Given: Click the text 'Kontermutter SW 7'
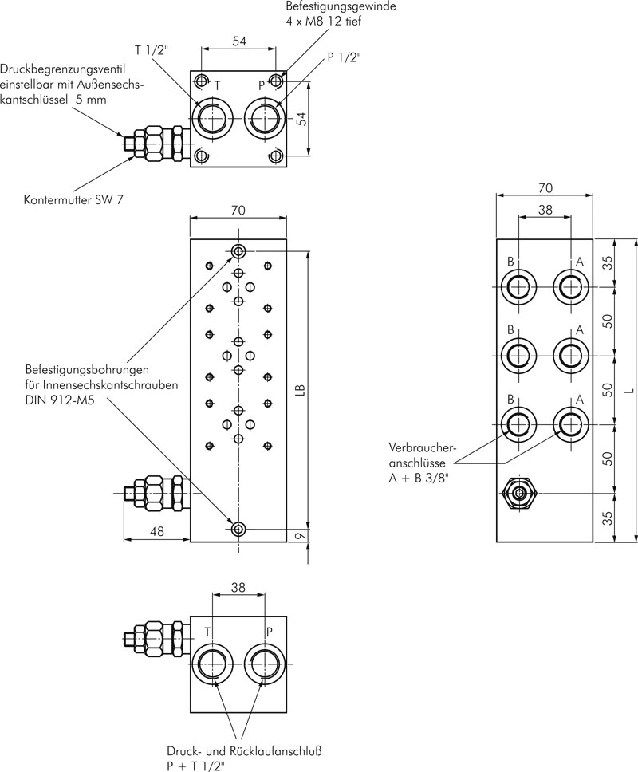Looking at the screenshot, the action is pos(74,200).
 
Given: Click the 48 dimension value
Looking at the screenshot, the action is pos(156,531).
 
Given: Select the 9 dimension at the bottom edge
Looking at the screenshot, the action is pos(302,535).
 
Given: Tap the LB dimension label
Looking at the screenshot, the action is pos(301,390).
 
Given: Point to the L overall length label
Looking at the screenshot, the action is pos(628,391).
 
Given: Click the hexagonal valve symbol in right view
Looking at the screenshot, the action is pos(518,493).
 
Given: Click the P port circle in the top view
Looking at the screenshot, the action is pos(266,119).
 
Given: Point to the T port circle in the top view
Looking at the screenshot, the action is pos(211,119).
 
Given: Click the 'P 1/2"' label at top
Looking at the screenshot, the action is pos(344,57).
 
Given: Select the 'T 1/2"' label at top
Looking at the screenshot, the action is pos(152,49).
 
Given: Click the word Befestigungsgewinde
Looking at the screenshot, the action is pos(341,6).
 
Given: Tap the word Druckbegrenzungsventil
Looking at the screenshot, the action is pos(63,69).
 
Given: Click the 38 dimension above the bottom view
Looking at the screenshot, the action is pos(238,587).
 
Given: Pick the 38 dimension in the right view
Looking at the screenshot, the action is pos(545,210).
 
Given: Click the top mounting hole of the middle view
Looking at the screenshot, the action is pos(238,251).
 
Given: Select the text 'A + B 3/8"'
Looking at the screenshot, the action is pos(419,478).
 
